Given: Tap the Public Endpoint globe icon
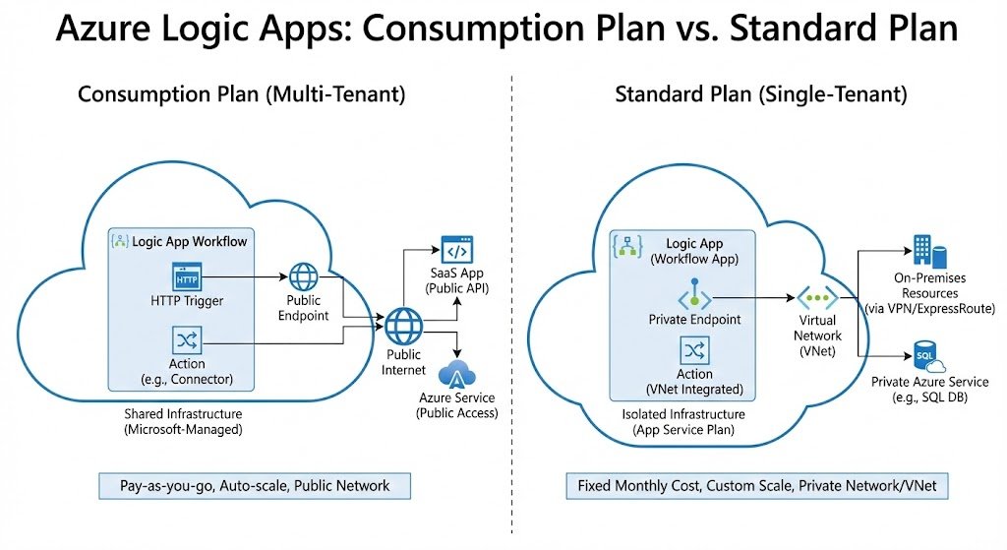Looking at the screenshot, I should pyautogui.click(x=303, y=277).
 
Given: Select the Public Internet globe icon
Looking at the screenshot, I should pyautogui.click(x=403, y=326).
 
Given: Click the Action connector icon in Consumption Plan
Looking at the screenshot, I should pyautogui.click(x=186, y=340).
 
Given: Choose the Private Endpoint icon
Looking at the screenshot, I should pyautogui.click(x=694, y=296).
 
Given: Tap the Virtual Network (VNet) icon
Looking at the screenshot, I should pyautogui.click(x=817, y=296).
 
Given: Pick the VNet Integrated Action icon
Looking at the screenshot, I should pyautogui.click(x=694, y=350).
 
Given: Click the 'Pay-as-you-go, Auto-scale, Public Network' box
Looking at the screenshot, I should pyautogui.click(x=255, y=485).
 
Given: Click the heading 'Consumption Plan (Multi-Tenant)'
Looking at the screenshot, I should pyautogui.click(x=241, y=94).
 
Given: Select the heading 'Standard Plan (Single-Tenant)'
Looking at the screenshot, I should pyautogui.click(x=760, y=94).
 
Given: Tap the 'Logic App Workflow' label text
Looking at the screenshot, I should pyautogui.click(x=190, y=241).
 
